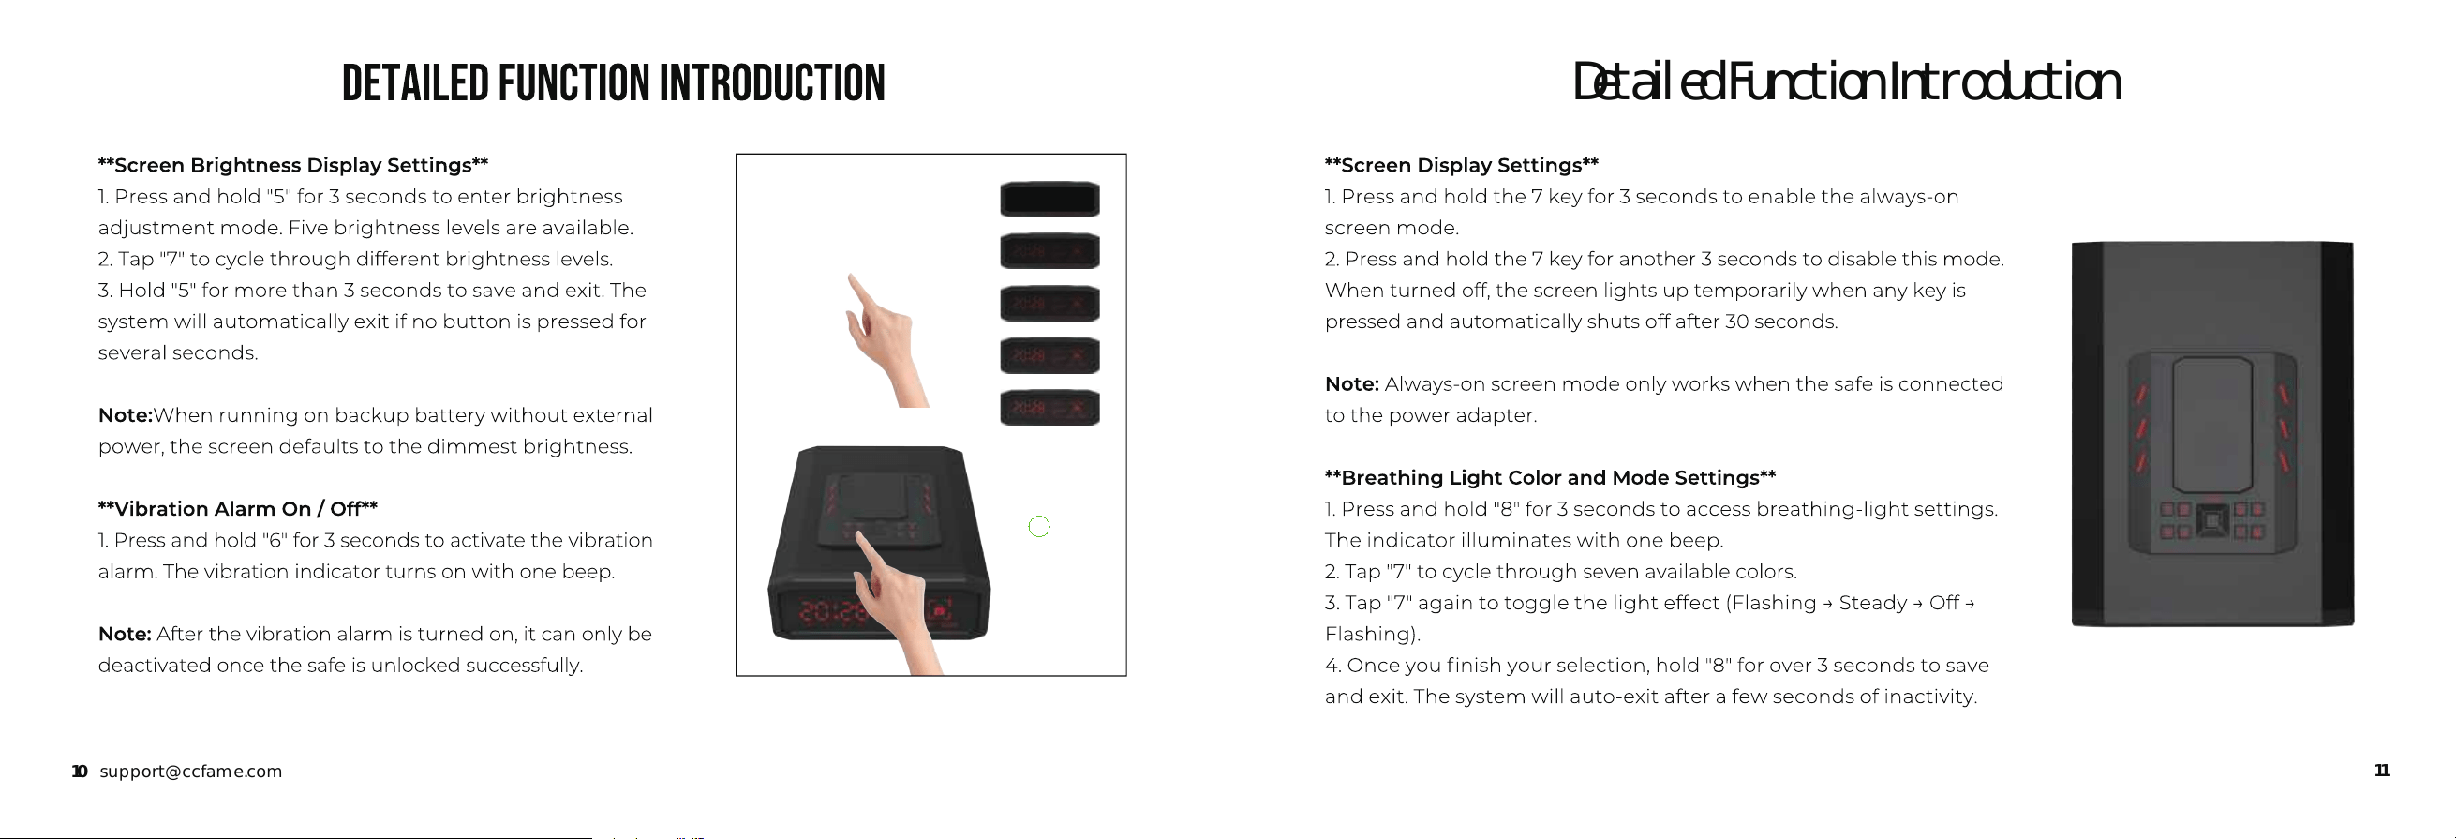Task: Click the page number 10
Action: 79,771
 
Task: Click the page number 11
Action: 2382,771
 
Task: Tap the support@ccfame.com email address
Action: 190,772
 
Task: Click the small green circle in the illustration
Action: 1039,526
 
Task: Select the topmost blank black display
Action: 1049,200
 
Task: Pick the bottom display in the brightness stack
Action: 1049,408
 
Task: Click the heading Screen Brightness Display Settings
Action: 292,165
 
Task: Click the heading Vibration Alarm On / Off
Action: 237,508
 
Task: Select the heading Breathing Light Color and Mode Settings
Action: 1550,478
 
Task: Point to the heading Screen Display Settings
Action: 1462,165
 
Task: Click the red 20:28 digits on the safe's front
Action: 832,612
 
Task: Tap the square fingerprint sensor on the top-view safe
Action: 2212,521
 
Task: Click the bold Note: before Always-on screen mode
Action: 1352,384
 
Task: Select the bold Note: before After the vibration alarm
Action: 125,634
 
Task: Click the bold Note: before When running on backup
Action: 126,415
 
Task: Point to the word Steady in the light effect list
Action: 1872,603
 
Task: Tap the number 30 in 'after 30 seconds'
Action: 1736,322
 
